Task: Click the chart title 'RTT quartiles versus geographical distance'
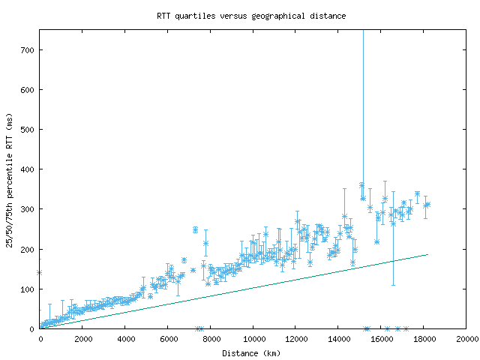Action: (x=251, y=15)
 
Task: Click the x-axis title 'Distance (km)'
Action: (x=251, y=352)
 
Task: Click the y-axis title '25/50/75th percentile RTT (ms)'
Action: (x=10, y=180)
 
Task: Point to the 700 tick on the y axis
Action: (x=28, y=50)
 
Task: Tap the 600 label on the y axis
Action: (x=28, y=90)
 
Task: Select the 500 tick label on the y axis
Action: (x=28, y=130)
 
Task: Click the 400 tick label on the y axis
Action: (x=28, y=169)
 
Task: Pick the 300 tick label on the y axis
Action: (x=28, y=209)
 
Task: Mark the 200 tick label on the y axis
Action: (x=28, y=249)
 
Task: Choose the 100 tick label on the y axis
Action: (x=28, y=289)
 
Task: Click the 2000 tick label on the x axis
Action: (x=82, y=339)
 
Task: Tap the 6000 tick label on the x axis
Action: (x=168, y=339)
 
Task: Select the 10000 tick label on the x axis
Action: (x=253, y=339)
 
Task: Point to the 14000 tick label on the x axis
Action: (x=338, y=339)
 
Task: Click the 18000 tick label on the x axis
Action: (x=424, y=339)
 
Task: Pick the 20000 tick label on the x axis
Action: (x=466, y=339)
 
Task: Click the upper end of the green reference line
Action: (x=427, y=254)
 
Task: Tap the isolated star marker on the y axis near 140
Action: (x=40, y=273)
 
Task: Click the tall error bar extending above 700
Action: (x=363, y=112)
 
